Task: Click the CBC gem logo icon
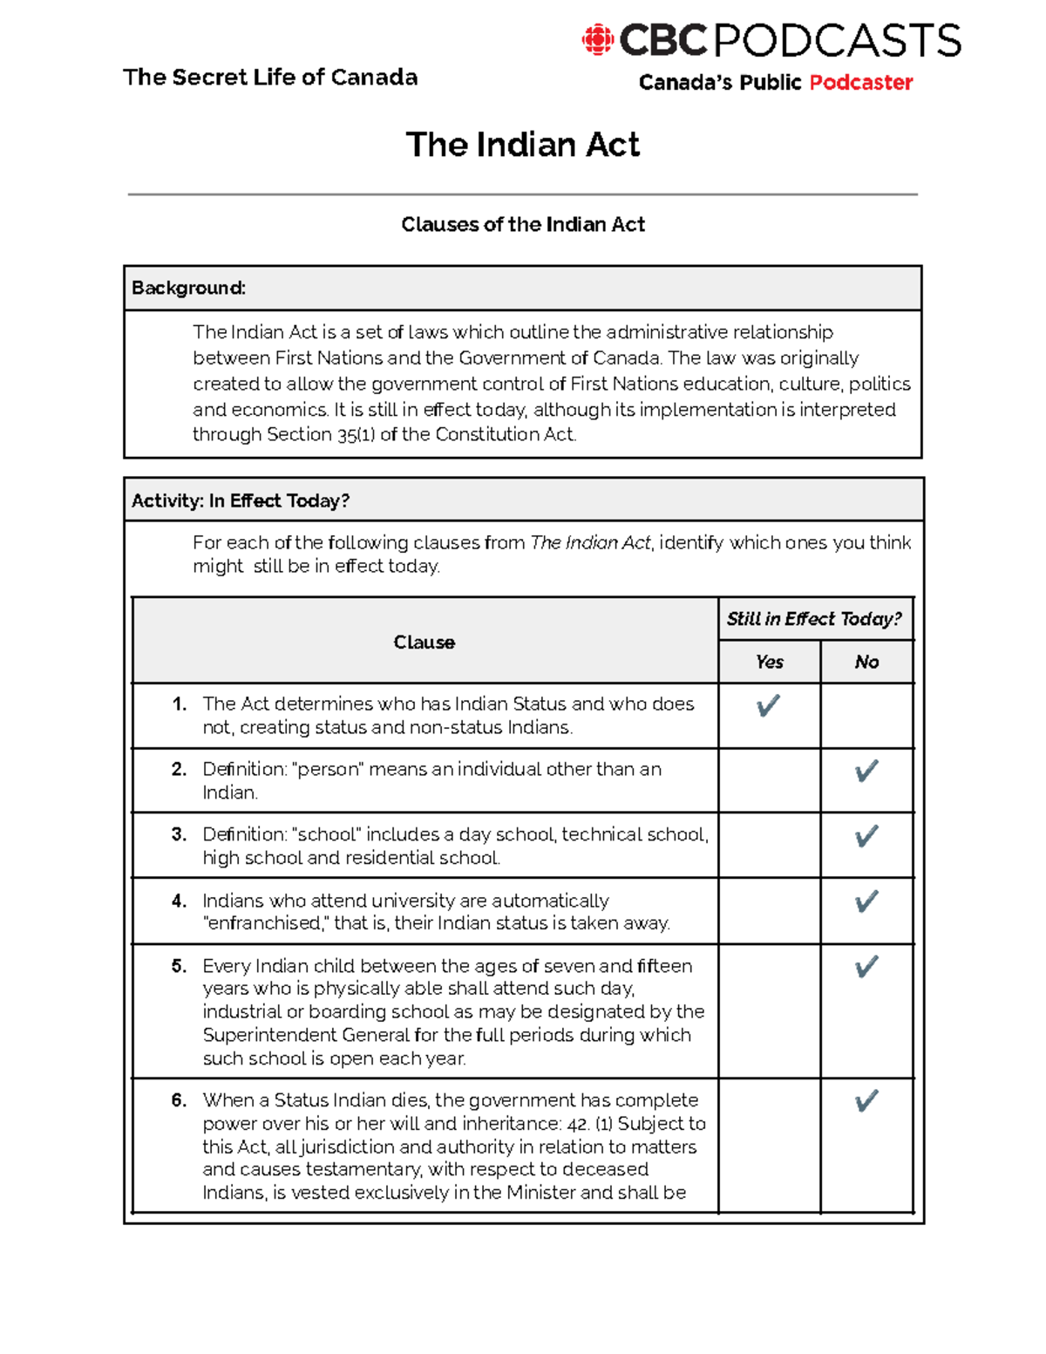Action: [x=598, y=40]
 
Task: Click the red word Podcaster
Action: [x=860, y=83]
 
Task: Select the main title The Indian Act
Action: [x=522, y=145]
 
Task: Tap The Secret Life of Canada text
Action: [x=270, y=78]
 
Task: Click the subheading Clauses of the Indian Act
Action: [x=522, y=225]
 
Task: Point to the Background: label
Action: [x=188, y=289]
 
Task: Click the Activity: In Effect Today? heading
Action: [x=241, y=500]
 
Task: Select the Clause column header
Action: [x=424, y=643]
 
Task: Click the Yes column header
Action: [x=769, y=663]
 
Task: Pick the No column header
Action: [x=866, y=663]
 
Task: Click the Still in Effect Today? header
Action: [x=814, y=619]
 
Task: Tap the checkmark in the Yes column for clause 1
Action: [x=768, y=705]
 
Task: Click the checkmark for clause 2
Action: [x=866, y=771]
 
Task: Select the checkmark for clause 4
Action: [x=866, y=901]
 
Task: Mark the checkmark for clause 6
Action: [x=866, y=1101]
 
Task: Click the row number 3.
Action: [x=179, y=834]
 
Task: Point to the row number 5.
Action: [x=179, y=966]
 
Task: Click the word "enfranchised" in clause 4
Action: [x=263, y=923]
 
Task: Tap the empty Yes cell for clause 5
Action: [x=769, y=1011]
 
